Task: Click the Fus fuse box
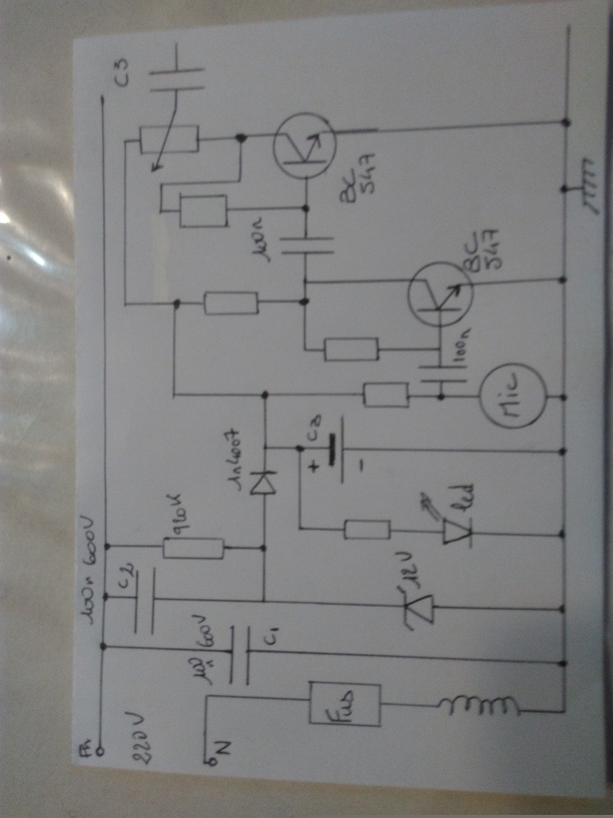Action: pos(345,704)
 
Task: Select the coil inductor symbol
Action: pos(479,705)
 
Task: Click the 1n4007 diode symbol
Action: pos(263,483)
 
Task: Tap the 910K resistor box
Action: pos(193,548)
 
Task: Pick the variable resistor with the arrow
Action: pos(168,141)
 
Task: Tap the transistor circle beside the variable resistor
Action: pos(304,145)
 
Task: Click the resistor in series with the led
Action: pos(366,529)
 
